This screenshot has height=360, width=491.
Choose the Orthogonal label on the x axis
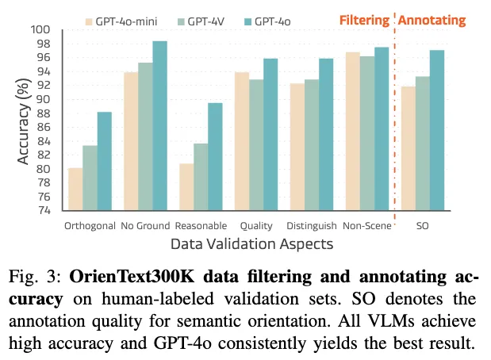click(x=90, y=226)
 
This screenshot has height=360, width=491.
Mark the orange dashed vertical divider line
click(x=394, y=119)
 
